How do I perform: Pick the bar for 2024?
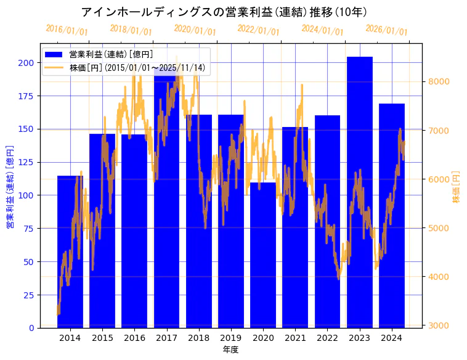[392, 216]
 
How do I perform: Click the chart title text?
[224, 12]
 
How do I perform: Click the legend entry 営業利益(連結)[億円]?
[111, 55]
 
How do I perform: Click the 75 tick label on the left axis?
[28, 229]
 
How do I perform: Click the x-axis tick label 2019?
[231, 338]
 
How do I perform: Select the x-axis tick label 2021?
[295, 338]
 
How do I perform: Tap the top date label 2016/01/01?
[67, 30]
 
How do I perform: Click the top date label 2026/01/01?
[386, 30]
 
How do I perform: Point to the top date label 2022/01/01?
[258, 30]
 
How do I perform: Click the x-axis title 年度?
[230, 350]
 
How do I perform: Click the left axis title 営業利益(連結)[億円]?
[10, 187]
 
